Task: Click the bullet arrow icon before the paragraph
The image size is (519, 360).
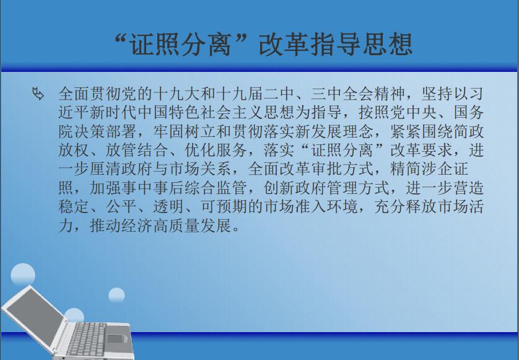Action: [x=38, y=94]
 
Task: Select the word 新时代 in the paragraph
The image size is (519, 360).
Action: [x=114, y=113]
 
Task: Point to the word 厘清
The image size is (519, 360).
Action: [x=106, y=169]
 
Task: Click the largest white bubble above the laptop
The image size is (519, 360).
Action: [x=23, y=275]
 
